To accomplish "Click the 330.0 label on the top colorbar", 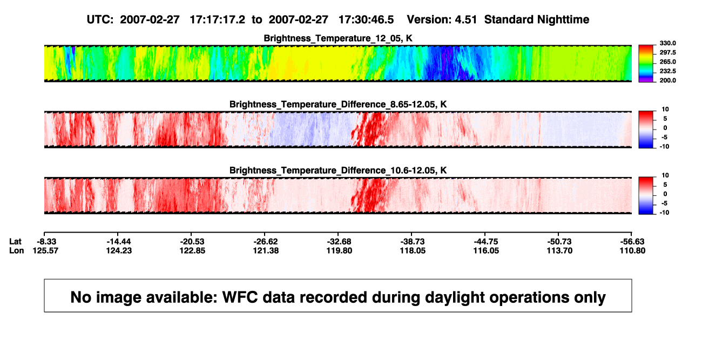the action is [667, 43].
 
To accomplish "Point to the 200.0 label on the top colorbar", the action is [667, 80].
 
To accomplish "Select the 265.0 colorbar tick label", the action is [667, 62].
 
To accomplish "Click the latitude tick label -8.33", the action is [46, 242].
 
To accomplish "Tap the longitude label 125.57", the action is [45, 250].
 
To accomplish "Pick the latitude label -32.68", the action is [339, 242].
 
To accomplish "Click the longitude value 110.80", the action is [632, 250].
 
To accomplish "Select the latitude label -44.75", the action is [486, 242].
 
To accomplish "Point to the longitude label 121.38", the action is [266, 250].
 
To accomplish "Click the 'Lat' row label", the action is [15, 242].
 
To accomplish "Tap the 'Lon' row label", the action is [16, 250].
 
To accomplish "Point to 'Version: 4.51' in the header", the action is [442, 20].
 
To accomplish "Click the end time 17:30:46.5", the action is [366, 20].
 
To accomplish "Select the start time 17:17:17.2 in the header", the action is [218, 20].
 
